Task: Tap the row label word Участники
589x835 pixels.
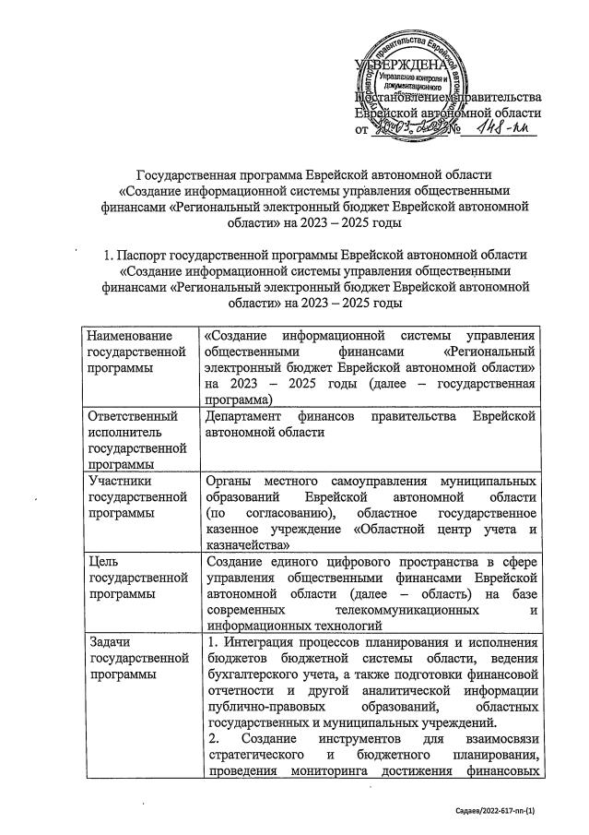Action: (x=118, y=482)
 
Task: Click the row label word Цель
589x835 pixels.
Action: (x=101, y=563)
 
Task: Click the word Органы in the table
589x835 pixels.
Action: (x=230, y=482)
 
